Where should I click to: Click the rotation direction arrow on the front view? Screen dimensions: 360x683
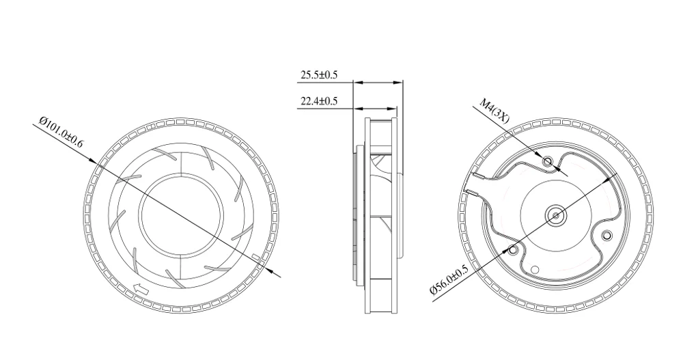coord(141,290)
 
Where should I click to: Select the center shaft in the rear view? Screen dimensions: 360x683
coord(556,215)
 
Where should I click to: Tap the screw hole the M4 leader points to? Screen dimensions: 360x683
coord(547,161)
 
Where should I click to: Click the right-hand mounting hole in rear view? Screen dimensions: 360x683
coord(606,236)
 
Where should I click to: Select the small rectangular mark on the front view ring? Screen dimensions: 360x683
coord(256,258)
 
